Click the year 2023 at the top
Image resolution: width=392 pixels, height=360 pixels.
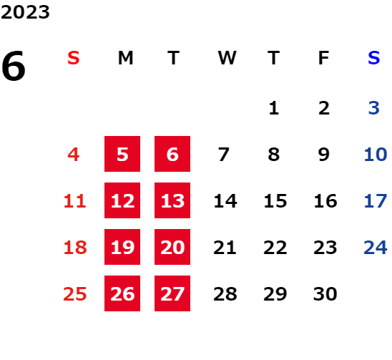[25, 12]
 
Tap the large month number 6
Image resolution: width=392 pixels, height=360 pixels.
[14, 66]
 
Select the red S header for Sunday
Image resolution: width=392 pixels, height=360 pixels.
[74, 58]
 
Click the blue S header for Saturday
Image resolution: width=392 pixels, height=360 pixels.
[373, 58]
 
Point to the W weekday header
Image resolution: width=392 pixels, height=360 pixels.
[227, 58]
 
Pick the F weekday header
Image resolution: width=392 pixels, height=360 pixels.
[324, 58]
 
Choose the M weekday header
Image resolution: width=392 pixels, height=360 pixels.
[125, 58]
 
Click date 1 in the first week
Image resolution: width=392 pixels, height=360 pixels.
[274, 108]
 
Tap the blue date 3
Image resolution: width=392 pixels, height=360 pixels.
[373, 108]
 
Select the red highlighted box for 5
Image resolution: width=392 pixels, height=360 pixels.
[122, 154]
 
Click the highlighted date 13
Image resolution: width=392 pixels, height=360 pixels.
[172, 200]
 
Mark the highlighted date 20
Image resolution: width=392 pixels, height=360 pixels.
[172, 247]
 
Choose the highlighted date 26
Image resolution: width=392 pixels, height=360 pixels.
[122, 293]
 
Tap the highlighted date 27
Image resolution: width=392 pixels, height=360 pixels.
[172, 293]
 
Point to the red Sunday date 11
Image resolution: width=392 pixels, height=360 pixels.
[74, 201]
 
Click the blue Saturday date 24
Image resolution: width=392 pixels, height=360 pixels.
[376, 248]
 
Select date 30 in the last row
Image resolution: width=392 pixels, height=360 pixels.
[325, 294]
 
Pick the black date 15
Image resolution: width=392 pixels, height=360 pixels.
[275, 201]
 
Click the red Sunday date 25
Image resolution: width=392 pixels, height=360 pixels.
[74, 294]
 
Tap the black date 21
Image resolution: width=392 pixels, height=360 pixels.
[225, 248]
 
